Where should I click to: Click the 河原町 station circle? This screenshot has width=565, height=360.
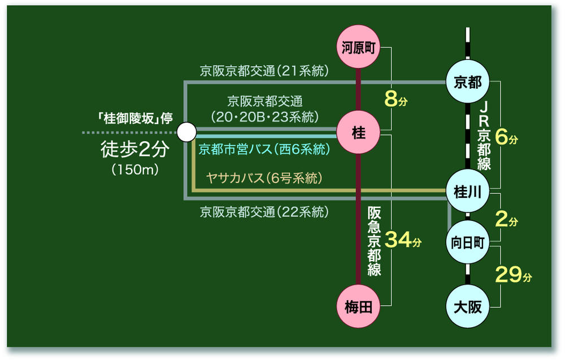[x=358, y=47]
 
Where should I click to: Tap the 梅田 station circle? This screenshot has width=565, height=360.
[x=358, y=307]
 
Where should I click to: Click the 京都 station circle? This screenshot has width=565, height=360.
[x=468, y=83]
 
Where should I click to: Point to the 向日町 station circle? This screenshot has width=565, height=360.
[x=468, y=242]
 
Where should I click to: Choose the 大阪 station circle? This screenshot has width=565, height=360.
[x=468, y=307]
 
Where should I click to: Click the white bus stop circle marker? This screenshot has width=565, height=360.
[x=186, y=133]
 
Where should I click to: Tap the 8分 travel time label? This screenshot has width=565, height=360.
[x=395, y=99]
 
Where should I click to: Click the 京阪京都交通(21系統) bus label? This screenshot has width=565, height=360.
[x=264, y=71]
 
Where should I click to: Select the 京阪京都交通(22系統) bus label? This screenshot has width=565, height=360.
[x=264, y=212]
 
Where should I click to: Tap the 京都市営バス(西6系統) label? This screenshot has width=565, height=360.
[x=264, y=150]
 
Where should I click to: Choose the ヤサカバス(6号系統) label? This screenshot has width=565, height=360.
[x=264, y=178]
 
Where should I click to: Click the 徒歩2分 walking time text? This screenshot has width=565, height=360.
[x=134, y=150]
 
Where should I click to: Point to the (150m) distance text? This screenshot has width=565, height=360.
[x=134, y=169]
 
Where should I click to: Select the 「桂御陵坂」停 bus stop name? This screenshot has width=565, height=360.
[x=134, y=119]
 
